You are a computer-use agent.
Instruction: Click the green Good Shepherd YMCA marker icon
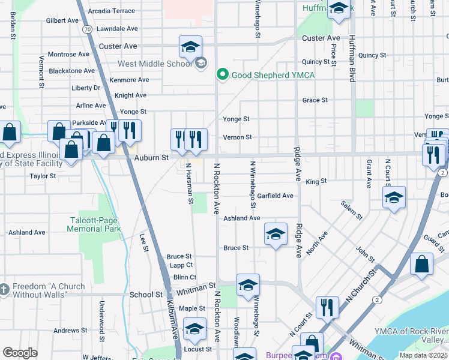click(x=222, y=75)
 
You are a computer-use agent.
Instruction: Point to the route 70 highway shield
click(x=87, y=29)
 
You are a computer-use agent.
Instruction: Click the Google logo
click(x=20, y=353)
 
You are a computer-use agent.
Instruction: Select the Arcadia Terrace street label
click(x=111, y=11)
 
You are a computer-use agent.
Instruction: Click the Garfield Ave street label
click(x=276, y=196)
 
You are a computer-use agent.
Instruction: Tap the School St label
click(x=146, y=295)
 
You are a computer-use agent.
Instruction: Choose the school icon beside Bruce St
click(x=276, y=235)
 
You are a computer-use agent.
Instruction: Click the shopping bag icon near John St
click(x=422, y=264)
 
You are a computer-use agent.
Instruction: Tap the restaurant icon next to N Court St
click(x=327, y=307)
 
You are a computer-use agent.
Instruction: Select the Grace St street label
click(x=315, y=100)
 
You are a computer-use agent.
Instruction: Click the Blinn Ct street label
click(x=184, y=277)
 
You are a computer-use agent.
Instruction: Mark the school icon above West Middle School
click(x=190, y=47)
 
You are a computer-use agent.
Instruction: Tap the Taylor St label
click(x=43, y=176)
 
